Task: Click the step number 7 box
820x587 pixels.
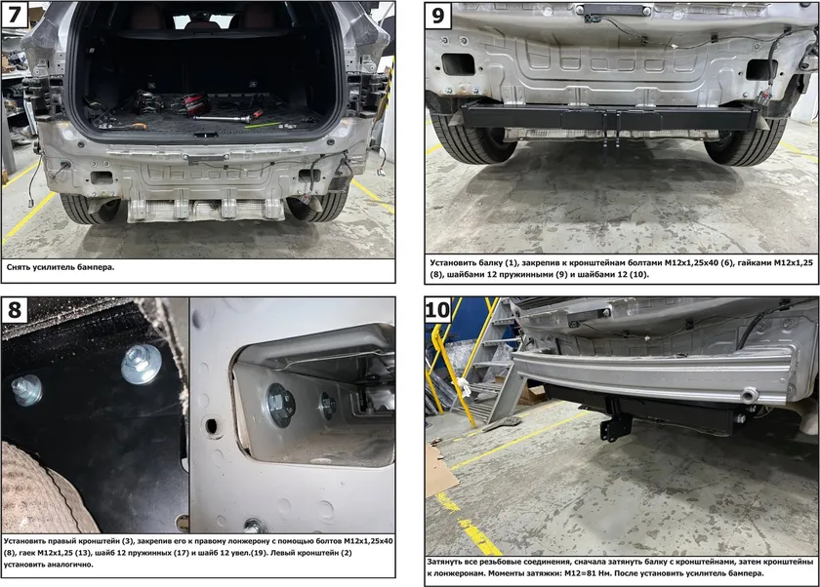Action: pyautogui.click(x=15, y=15)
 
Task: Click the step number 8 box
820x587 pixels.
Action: pyautogui.click(x=15, y=310)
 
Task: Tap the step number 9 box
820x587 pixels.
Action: pyautogui.click(x=438, y=16)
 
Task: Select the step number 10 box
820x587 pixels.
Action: pyautogui.click(x=438, y=310)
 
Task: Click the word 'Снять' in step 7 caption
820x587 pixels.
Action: pyautogui.click(x=18, y=267)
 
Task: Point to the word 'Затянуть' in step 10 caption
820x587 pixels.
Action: pyautogui.click(x=444, y=562)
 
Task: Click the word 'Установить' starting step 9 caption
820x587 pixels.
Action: pyautogui.click(x=453, y=262)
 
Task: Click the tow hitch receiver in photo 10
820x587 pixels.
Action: pyautogui.click(x=610, y=424)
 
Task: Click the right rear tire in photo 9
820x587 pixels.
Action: pyautogui.click(x=745, y=141)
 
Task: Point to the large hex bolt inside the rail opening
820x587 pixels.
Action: pyautogui.click(x=280, y=406)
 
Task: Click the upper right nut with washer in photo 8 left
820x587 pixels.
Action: pyautogui.click(x=142, y=364)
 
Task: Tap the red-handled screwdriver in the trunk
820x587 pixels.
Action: pyautogui.click(x=254, y=114)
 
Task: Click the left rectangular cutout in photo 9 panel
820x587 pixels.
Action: pyautogui.click(x=458, y=64)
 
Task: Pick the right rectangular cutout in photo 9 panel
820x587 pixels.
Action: pyautogui.click(x=761, y=69)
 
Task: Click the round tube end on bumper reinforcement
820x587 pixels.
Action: pyautogui.click(x=750, y=395)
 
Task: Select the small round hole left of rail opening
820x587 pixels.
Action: pyautogui.click(x=213, y=427)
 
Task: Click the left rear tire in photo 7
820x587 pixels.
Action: pyautogui.click(x=89, y=209)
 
